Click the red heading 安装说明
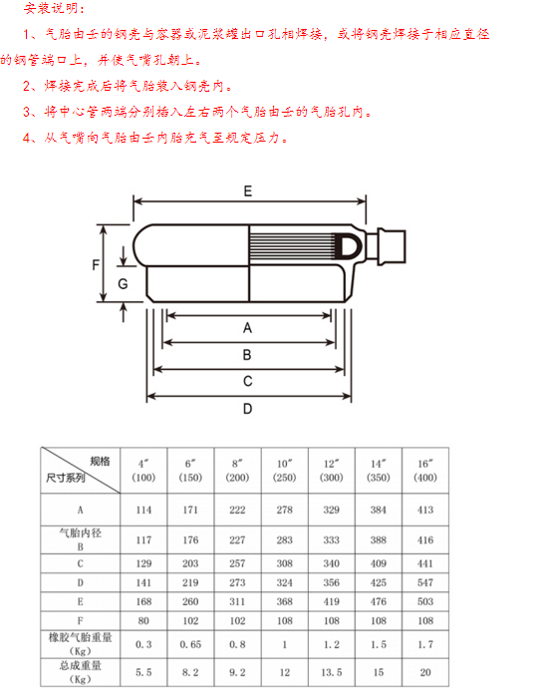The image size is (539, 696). click(x=54, y=8)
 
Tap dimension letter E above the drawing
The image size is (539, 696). click(x=247, y=191)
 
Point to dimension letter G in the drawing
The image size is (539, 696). click(x=123, y=283)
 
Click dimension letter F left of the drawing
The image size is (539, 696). click(x=95, y=265)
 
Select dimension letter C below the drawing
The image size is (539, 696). click(x=247, y=381)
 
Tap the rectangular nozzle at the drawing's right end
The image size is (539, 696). click(x=392, y=247)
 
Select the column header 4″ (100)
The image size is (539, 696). click(x=143, y=471)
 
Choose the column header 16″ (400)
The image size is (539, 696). click(x=425, y=471)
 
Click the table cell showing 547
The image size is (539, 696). click(x=425, y=582)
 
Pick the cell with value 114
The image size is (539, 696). click(x=143, y=510)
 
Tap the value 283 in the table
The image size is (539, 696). click(x=284, y=540)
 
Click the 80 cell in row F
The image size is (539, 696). click(x=143, y=620)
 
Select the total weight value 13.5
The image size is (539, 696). click(x=332, y=672)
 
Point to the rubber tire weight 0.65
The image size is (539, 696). click(x=190, y=644)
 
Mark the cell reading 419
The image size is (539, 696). click(x=332, y=601)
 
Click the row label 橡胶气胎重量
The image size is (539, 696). click(x=81, y=638)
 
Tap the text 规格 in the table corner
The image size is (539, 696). click(x=100, y=462)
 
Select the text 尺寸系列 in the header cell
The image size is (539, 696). click(x=65, y=478)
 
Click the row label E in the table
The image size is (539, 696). click(x=81, y=601)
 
